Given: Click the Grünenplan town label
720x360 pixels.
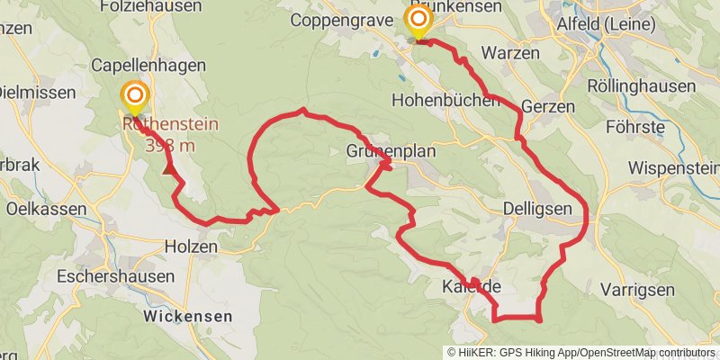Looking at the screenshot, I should (x=391, y=151).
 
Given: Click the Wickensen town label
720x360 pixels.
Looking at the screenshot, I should (x=187, y=317).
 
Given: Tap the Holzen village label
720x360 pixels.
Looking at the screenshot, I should (x=191, y=246).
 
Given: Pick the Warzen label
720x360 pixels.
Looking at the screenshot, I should (x=510, y=53).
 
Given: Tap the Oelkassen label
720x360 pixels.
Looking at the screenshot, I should (x=45, y=209).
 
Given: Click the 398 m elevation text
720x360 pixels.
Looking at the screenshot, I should (x=171, y=141).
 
